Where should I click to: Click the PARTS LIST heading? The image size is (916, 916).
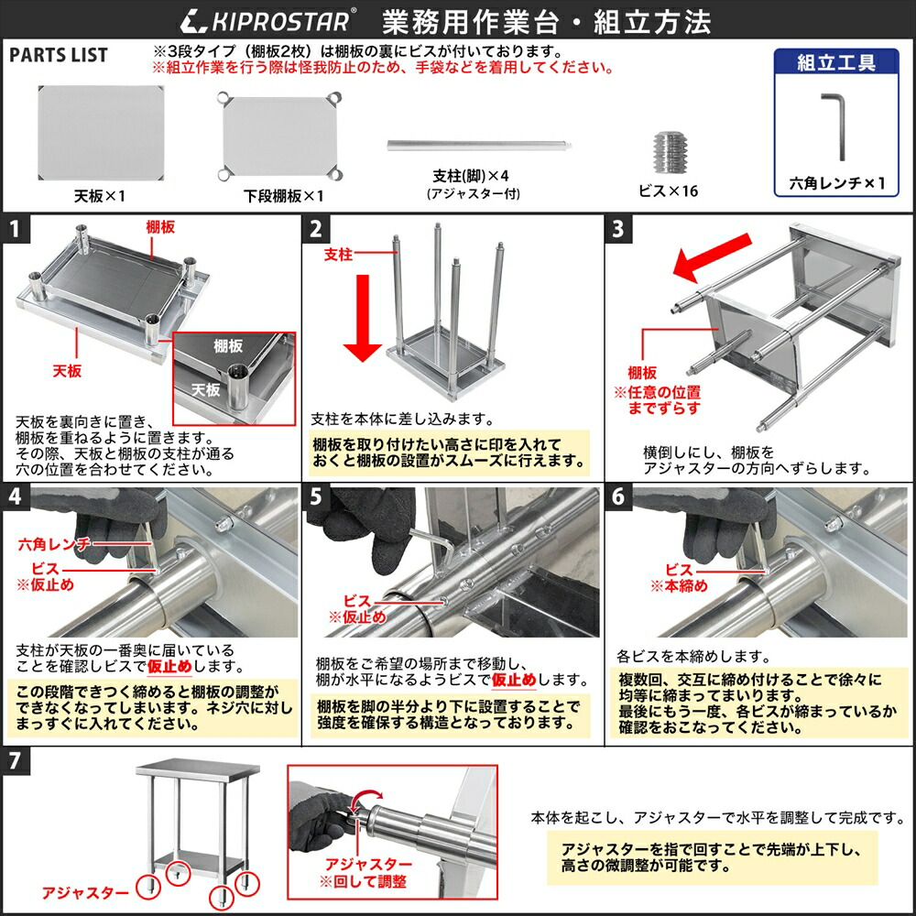click(x=59, y=55)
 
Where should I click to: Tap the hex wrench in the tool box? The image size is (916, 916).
click(x=836, y=125)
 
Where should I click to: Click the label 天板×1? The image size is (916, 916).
click(x=100, y=196)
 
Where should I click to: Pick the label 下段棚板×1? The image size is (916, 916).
click(x=283, y=196)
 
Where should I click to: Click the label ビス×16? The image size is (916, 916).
click(x=668, y=191)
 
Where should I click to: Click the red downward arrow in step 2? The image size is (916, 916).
click(x=363, y=329)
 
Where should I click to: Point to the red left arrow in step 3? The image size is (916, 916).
click(x=708, y=256)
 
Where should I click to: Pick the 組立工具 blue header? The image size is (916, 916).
click(x=835, y=62)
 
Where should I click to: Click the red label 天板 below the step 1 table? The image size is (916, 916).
click(x=67, y=370)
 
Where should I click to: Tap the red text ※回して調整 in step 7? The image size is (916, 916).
click(x=363, y=882)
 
